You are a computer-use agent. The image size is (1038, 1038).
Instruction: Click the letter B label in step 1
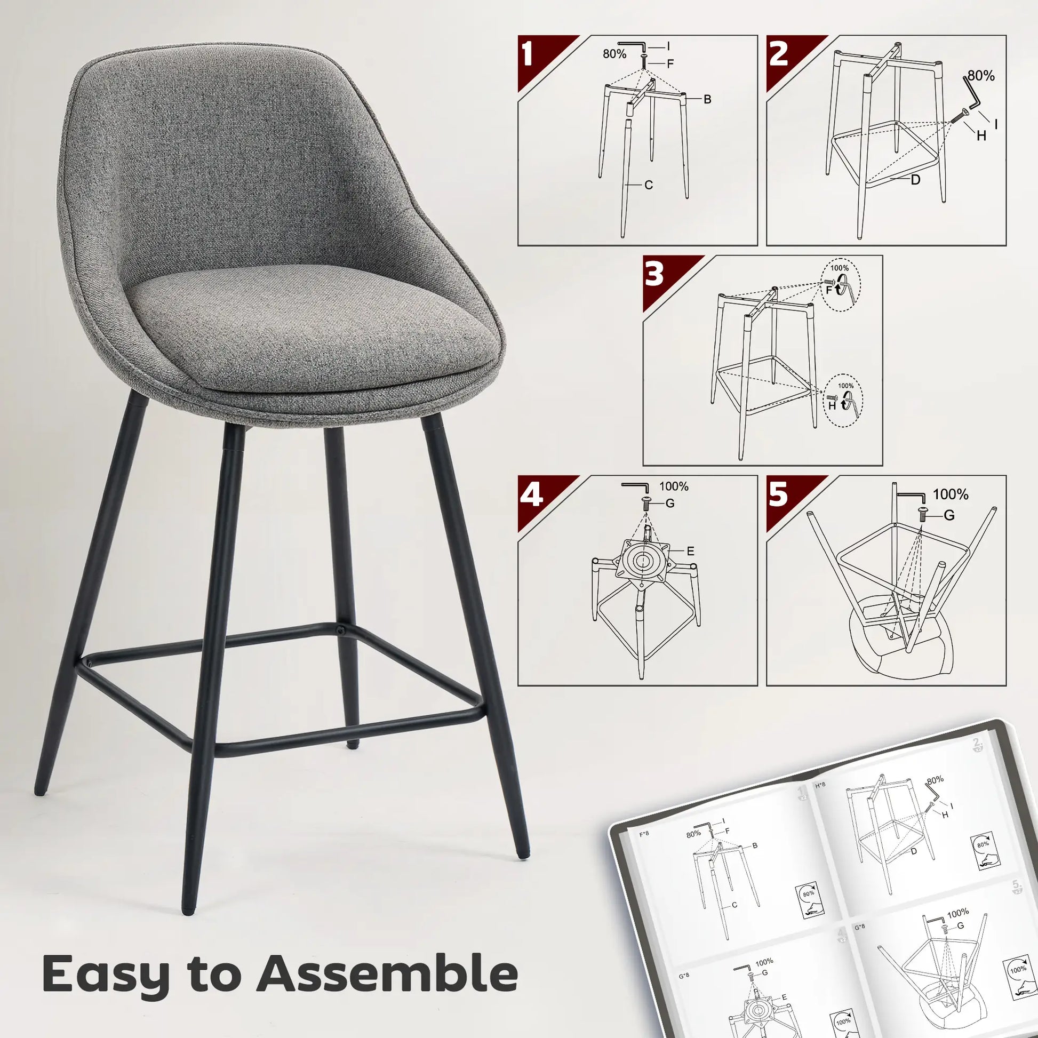coord(707,99)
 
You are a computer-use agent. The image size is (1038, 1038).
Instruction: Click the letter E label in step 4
coord(690,550)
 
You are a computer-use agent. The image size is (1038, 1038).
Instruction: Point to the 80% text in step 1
coord(614,54)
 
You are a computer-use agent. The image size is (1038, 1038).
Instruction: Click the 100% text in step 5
coord(951,494)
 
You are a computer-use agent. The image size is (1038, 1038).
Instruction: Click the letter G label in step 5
coord(949,516)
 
